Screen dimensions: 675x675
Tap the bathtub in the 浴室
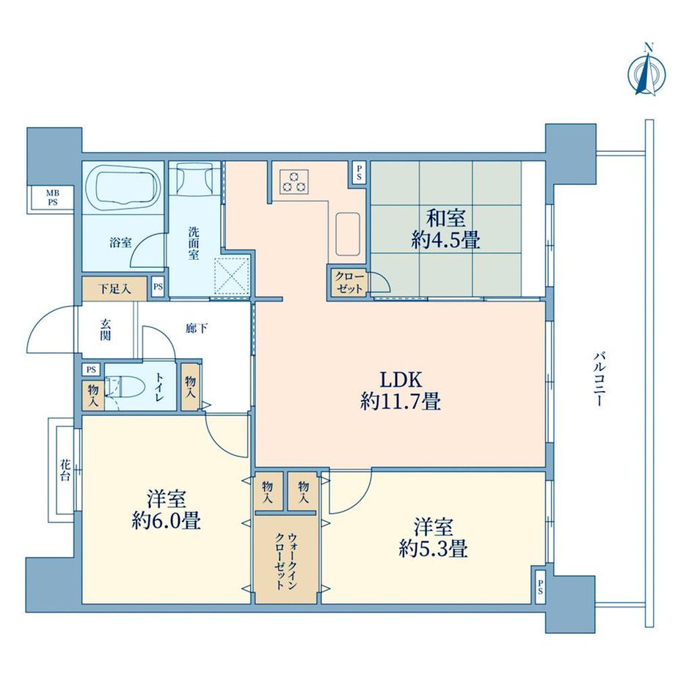pyautogui.click(x=123, y=189)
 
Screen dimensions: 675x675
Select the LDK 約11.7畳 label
pyautogui.click(x=400, y=390)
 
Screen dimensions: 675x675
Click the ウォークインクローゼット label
pyautogui.click(x=287, y=558)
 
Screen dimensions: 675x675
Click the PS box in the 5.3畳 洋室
pyautogui.click(x=540, y=585)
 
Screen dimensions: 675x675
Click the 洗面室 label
pyautogui.click(x=194, y=244)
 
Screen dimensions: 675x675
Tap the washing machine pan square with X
pyautogui.click(x=234, y=277)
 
